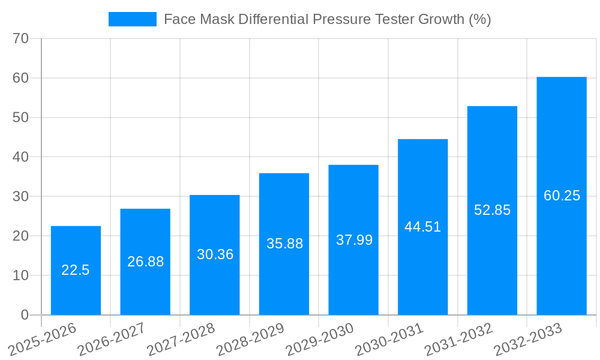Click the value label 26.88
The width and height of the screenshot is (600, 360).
[x=145, y=262]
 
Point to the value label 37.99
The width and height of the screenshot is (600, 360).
[x=354, y=240]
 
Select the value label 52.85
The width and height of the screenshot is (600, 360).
[x=492, y=210]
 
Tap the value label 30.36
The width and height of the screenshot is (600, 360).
[x=215, y=254]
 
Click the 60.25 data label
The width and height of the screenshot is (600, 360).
[x=562, y=196]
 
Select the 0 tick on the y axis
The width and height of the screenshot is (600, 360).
[x=25, y=315]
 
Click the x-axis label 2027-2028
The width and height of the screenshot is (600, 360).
[x=180, y=339]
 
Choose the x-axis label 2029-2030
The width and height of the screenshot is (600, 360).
[x=319, y=339]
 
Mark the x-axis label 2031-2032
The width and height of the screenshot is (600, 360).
[x=458, y=339]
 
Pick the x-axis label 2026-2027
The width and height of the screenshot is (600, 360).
[x=110, y=339]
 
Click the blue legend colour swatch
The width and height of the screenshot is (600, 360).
[x=132, y=19]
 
